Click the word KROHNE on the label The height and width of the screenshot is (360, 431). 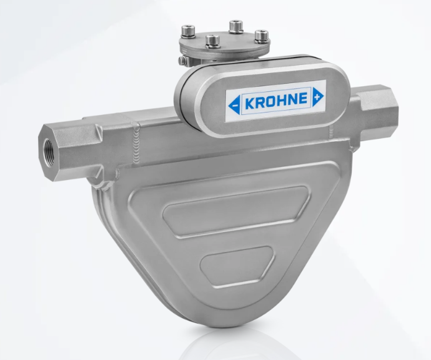(274, 99)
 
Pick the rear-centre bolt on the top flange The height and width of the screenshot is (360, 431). (235, 26)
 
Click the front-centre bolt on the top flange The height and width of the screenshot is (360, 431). (212, 41)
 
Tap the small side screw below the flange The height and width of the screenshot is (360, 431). (181, 61)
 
